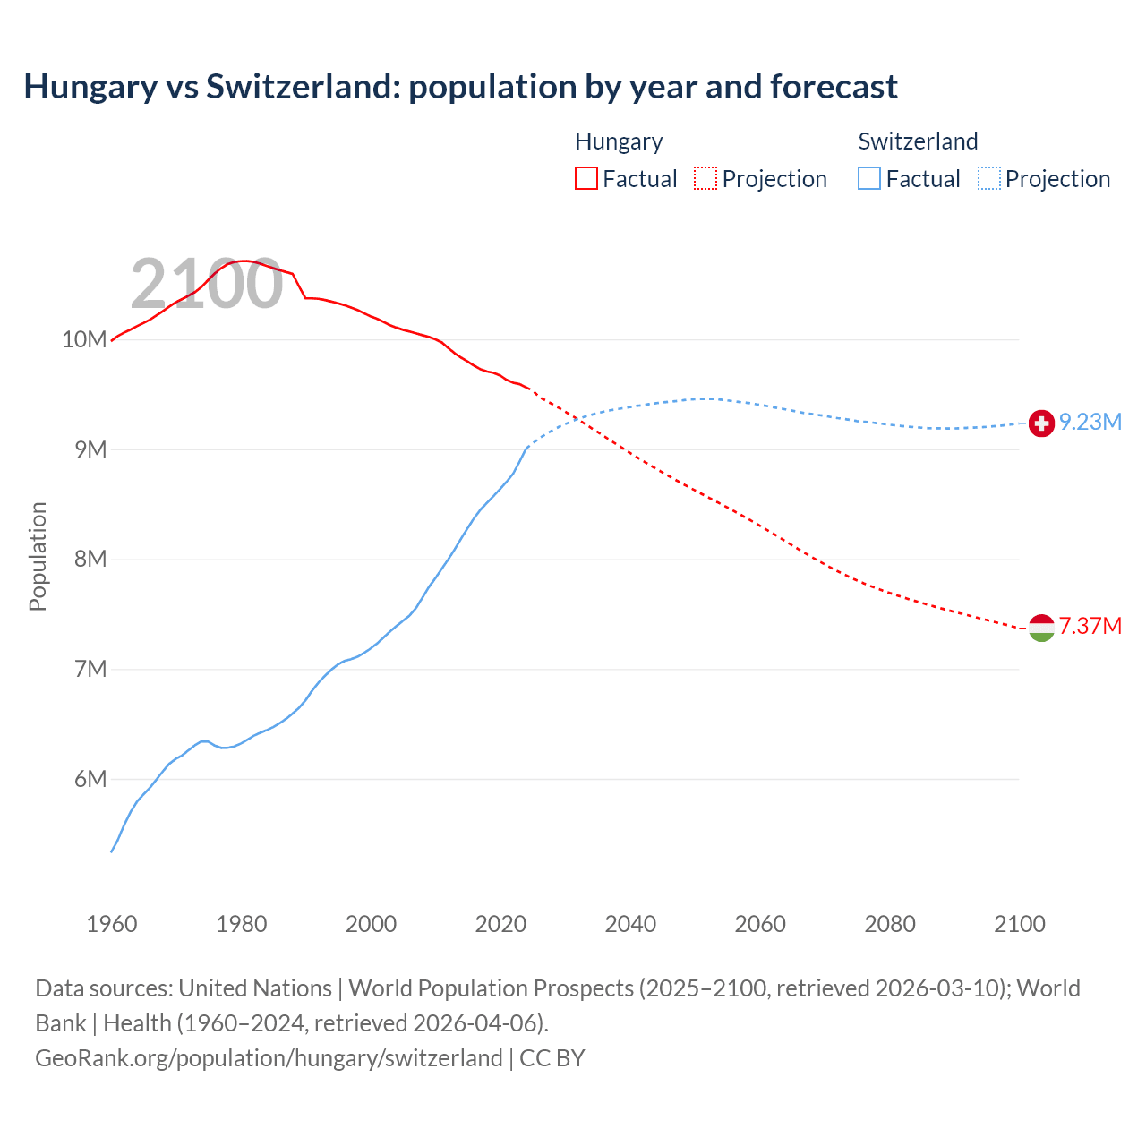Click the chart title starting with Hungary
(x=460, y=87)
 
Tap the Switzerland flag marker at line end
(x=1041, y=423)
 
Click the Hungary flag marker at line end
(x=1041, y=628)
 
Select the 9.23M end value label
(x=1090, y=423)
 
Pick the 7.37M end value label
(x=1090, y=626)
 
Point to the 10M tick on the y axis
(x=84, y=339)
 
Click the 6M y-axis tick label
(x=90, y=779)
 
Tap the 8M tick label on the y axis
(x=90, y=560)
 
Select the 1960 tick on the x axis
(x=112, y=924)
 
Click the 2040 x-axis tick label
(x=630, y=924)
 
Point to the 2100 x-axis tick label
(x=1020, y=924)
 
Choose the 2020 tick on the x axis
(x=500, y=924)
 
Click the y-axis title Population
(x=38, y=556)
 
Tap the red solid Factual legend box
(x=586, y=179)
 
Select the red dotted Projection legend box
(x=706, y=179)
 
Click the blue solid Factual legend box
(x=869, y=179)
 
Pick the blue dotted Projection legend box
(x=988, y=179)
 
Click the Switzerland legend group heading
(x=918, y=141)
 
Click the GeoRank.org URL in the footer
(x=269, y=1057)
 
